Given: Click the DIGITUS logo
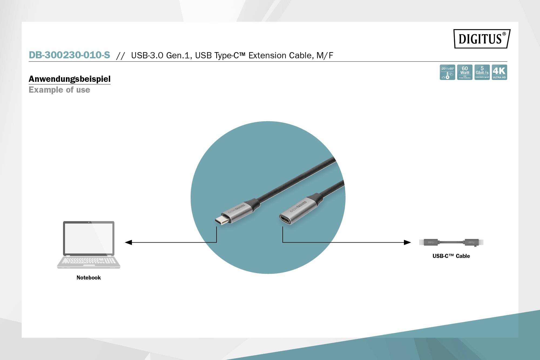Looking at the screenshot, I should pyautogui.click(x=482, y=39).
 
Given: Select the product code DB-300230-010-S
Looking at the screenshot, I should pyautogui.click(x=69, y=55).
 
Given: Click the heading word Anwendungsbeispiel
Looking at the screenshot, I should pyautogui.click(x=70, y=79).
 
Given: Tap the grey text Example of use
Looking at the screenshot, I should pyautogui.click(x=59, y=90).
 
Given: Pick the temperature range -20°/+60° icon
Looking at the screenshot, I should pyautogui.click(x=447, y=72).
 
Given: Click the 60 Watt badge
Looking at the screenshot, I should pyautogui.click(x=465, y=72).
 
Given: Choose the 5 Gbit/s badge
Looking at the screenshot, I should pyautogui.click(x=482, y=72).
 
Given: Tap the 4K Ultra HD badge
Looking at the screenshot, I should pyautogui.click(x=499, y=72).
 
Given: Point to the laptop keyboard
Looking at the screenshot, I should pyautogui.click(x=89, y=261).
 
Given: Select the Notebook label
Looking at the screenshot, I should pyautogui.click(x=89, y=278).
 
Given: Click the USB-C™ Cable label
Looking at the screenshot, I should pyautogui.click(x=451, y=256).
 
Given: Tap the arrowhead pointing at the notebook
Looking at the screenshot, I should pyautogui.click(x=128, y=242).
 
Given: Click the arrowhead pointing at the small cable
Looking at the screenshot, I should pyautogui.click(x=407, y=242).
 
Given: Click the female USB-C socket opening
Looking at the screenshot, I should pyautogui.click(x=286, y=219).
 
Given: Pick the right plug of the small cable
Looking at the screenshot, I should pyautogui.click(x=472, y=242).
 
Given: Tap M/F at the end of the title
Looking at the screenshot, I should pyautogui.click(x=325, y=55).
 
